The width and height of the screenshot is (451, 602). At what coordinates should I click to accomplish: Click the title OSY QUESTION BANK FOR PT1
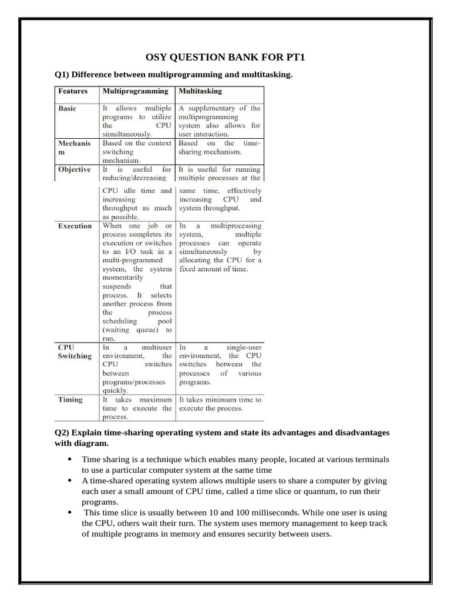[x=225, y=57]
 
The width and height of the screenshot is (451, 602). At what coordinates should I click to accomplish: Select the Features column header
[x=73, y=91]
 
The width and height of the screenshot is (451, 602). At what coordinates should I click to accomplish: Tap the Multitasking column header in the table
[x=200, y=91]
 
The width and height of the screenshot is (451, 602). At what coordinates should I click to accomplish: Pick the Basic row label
[x=67, y=108]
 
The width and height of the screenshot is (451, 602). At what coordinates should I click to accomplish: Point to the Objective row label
[x=75, y=169]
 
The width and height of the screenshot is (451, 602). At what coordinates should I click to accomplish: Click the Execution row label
[x=75, y=226]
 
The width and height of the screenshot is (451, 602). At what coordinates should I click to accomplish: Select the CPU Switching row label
[x=75, y=352]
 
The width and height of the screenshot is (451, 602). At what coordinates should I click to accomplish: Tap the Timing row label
[x=70, y=400]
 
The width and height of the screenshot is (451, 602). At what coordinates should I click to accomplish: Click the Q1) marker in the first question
[x=62, y=75]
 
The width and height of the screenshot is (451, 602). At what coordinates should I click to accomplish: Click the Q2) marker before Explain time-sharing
[x=62, y=432]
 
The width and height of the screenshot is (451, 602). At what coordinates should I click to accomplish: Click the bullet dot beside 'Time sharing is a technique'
[x=70, y=459]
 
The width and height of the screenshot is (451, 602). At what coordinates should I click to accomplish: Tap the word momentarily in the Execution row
[x=123, y=277]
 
